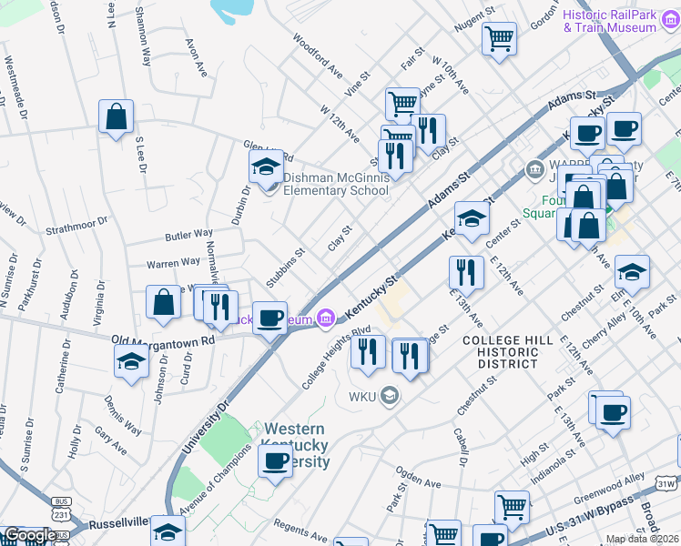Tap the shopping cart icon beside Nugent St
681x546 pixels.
[x=499, y=39]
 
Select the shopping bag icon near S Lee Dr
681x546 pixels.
[x=117, y=116]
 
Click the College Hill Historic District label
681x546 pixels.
[x=499, y=351]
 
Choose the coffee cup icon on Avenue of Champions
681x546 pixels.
[x=274, y=461]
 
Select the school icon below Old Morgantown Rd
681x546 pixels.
[x=131, y=361]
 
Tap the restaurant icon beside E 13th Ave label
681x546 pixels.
[x=465, y=271]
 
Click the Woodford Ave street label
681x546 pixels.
[x=317, y=56]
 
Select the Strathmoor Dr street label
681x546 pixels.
[x=76, y=221]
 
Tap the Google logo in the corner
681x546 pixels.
[x=29, y=535]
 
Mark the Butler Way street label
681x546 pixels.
[x=188, y=236]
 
